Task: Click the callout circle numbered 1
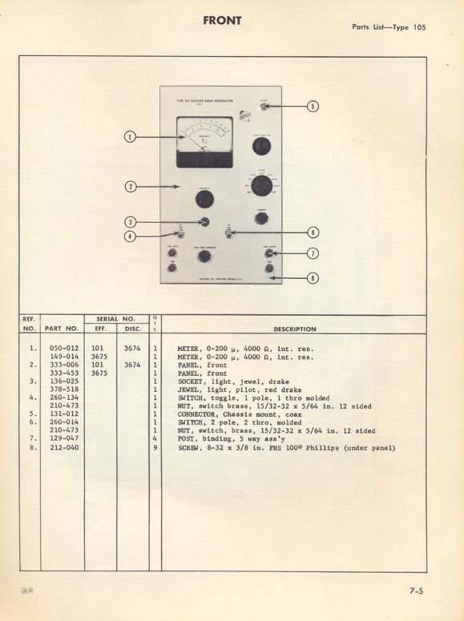[129, 136]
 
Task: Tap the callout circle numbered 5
[313, 106]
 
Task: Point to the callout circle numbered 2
[129, 187]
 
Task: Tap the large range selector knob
[261, 187]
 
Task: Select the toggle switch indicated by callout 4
[181, 234]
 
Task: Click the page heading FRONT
[223, 20]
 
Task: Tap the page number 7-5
[415, 592]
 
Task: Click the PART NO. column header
[61, 329]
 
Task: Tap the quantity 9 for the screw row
[155, 448]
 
